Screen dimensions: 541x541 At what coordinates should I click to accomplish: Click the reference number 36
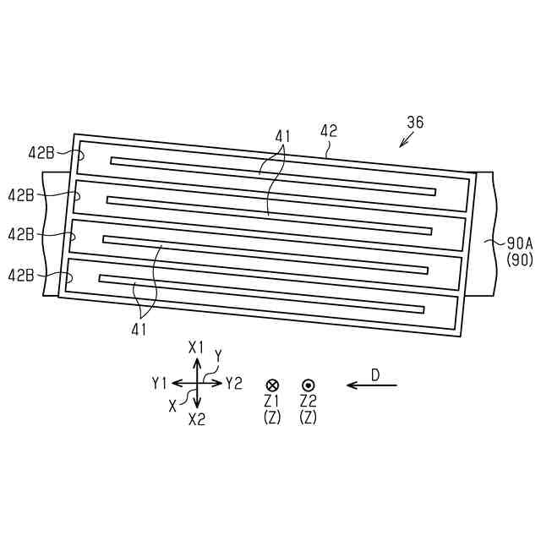(x=414, y=123)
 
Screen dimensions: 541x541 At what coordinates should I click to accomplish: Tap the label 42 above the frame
(x=329, y=131)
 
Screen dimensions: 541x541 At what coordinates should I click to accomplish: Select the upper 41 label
(x=282, y=135)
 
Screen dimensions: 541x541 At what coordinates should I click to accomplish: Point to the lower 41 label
(x=138, y=330)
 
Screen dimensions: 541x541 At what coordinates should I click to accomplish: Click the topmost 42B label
(x=41, y=153)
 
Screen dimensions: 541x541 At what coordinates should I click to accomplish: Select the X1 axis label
(x=197, y=347)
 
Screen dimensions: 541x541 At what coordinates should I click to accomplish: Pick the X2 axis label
(x=197, y=418)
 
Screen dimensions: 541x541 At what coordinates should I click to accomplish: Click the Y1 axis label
(x=160, y=383)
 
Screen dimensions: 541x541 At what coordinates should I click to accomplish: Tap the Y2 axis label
(x=234, y=383)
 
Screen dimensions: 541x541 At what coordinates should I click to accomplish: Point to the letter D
(x=375, y=374)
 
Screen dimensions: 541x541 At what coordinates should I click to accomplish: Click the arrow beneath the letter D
(x=372, y=386)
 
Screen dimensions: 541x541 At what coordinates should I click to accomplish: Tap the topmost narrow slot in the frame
(x=273, y=175)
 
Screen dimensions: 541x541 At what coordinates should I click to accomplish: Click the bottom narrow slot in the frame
(x=261, y=293)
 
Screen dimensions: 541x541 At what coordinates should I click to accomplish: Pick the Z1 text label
(x=272, y=400)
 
